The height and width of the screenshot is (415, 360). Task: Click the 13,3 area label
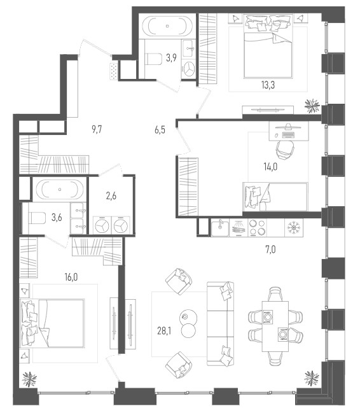coord(268,85)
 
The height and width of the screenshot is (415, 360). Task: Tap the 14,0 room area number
coord(270,167)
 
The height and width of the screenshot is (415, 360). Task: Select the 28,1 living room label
coord(164,330)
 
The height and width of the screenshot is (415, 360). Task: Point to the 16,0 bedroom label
coord(71,277)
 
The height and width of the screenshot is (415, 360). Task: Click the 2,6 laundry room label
coord(111,196)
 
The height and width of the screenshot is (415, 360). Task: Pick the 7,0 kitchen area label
coord(270,250)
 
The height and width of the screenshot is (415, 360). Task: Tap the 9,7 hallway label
coord(97,129)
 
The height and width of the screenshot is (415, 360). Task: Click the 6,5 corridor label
coord(160,130)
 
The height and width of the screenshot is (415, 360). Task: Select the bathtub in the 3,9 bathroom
coord(167,25)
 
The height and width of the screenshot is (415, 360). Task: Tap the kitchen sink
coord(220,228)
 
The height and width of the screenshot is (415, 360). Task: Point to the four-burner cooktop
coord(257,228)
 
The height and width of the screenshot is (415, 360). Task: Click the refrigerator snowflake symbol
coord(293,228)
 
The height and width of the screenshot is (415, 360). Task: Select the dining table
coord(275,326)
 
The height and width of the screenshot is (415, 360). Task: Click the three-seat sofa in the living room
coord(220,324)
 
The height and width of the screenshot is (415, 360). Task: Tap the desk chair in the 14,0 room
coord(284,150)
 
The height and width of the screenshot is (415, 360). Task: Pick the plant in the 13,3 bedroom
coord(312,106)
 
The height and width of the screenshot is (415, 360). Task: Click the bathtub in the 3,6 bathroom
coord(60,189)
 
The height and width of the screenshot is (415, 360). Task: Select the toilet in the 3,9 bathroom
coord(154,59)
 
